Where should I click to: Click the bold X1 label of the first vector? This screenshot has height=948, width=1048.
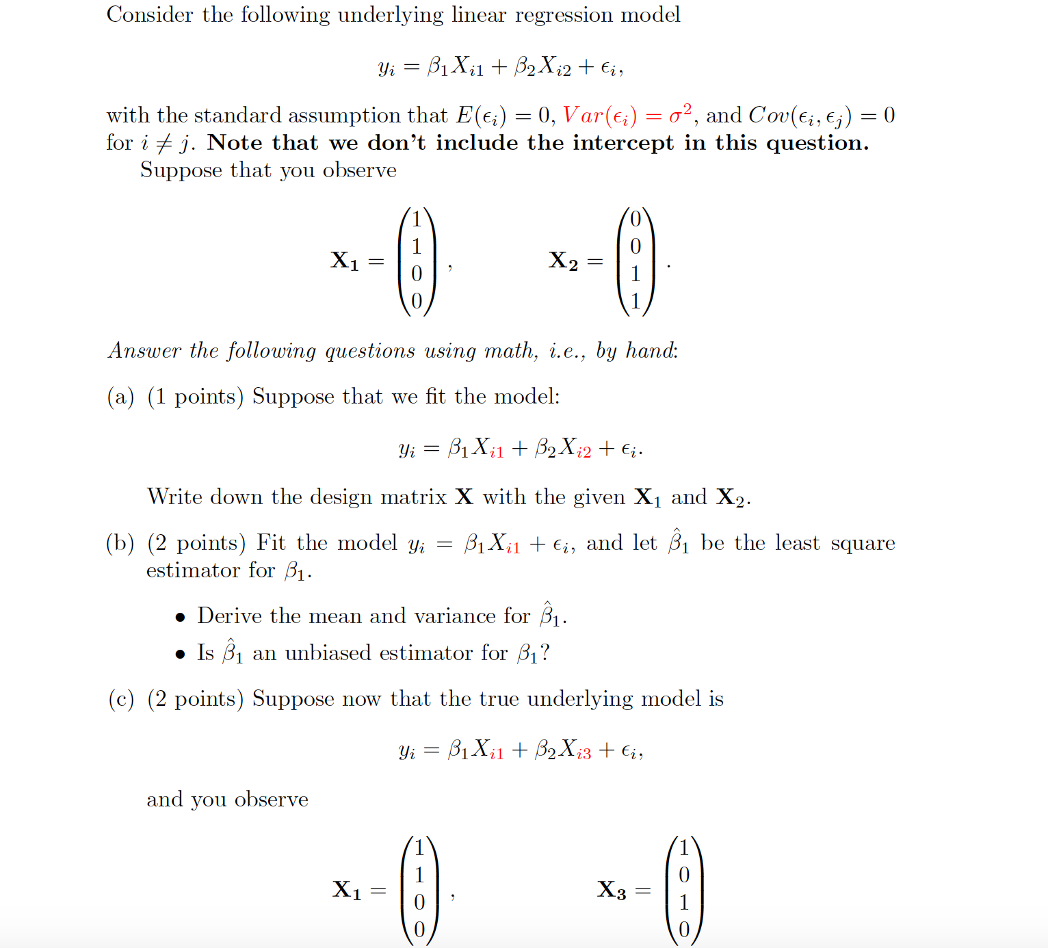(x=345, y=261)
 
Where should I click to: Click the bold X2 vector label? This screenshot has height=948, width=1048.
(x=563, y=261)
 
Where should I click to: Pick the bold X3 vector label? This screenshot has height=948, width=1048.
(x=611, y=890)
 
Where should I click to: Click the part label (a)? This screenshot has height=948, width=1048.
(x=120, y=397)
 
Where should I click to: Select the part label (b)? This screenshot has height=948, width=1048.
(x=120, y=543)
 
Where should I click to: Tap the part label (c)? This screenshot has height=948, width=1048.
(x=120, y=699)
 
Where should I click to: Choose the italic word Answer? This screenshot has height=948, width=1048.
(x=144, y=351)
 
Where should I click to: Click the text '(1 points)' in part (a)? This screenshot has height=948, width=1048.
(x=195, y=397)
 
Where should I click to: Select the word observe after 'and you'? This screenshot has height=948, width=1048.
(x=272, y=800)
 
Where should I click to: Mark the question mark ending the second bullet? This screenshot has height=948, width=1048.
(x=545, y=653)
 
